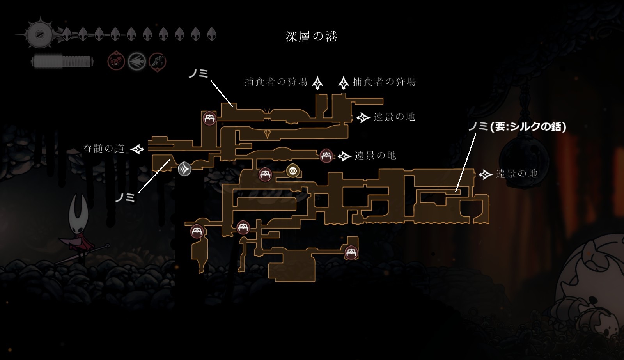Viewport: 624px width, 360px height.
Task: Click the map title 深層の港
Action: tap(311, 37)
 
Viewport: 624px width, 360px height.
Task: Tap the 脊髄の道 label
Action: tap(104, 149)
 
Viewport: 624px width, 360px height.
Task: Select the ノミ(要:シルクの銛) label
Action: tap(517, 126)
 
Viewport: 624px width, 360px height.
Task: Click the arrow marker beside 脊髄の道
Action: tap(137, 149)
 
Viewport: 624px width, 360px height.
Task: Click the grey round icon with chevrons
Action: tap(185, 169)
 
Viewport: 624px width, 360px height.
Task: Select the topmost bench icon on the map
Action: tap(209, 118)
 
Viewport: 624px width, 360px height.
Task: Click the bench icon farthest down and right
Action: tap(351, 253)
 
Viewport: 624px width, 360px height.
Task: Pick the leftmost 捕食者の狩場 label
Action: tap(276, 82)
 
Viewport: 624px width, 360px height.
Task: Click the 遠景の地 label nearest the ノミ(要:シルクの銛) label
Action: tap(516, 174)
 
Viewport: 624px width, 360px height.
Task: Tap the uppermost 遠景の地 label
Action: tap(394, 117)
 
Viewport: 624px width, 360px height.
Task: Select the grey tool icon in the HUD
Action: tap(137, 61)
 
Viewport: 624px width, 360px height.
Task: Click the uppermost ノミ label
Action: tap(199, 73)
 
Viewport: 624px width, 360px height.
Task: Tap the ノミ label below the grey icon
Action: tap(125, 197)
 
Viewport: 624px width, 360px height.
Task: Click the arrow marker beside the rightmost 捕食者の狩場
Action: tap(343, 82)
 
